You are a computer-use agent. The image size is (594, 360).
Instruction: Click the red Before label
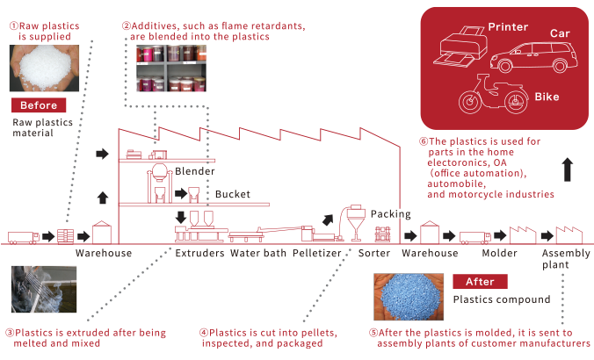click(37, 105)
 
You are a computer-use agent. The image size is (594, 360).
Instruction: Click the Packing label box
click(389, 213)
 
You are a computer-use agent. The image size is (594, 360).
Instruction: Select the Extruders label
click(199, 254)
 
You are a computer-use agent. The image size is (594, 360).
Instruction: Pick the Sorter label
click(374, 254)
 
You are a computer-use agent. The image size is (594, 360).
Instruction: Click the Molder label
click(499, 254)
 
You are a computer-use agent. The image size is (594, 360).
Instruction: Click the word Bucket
click(232, 194)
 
